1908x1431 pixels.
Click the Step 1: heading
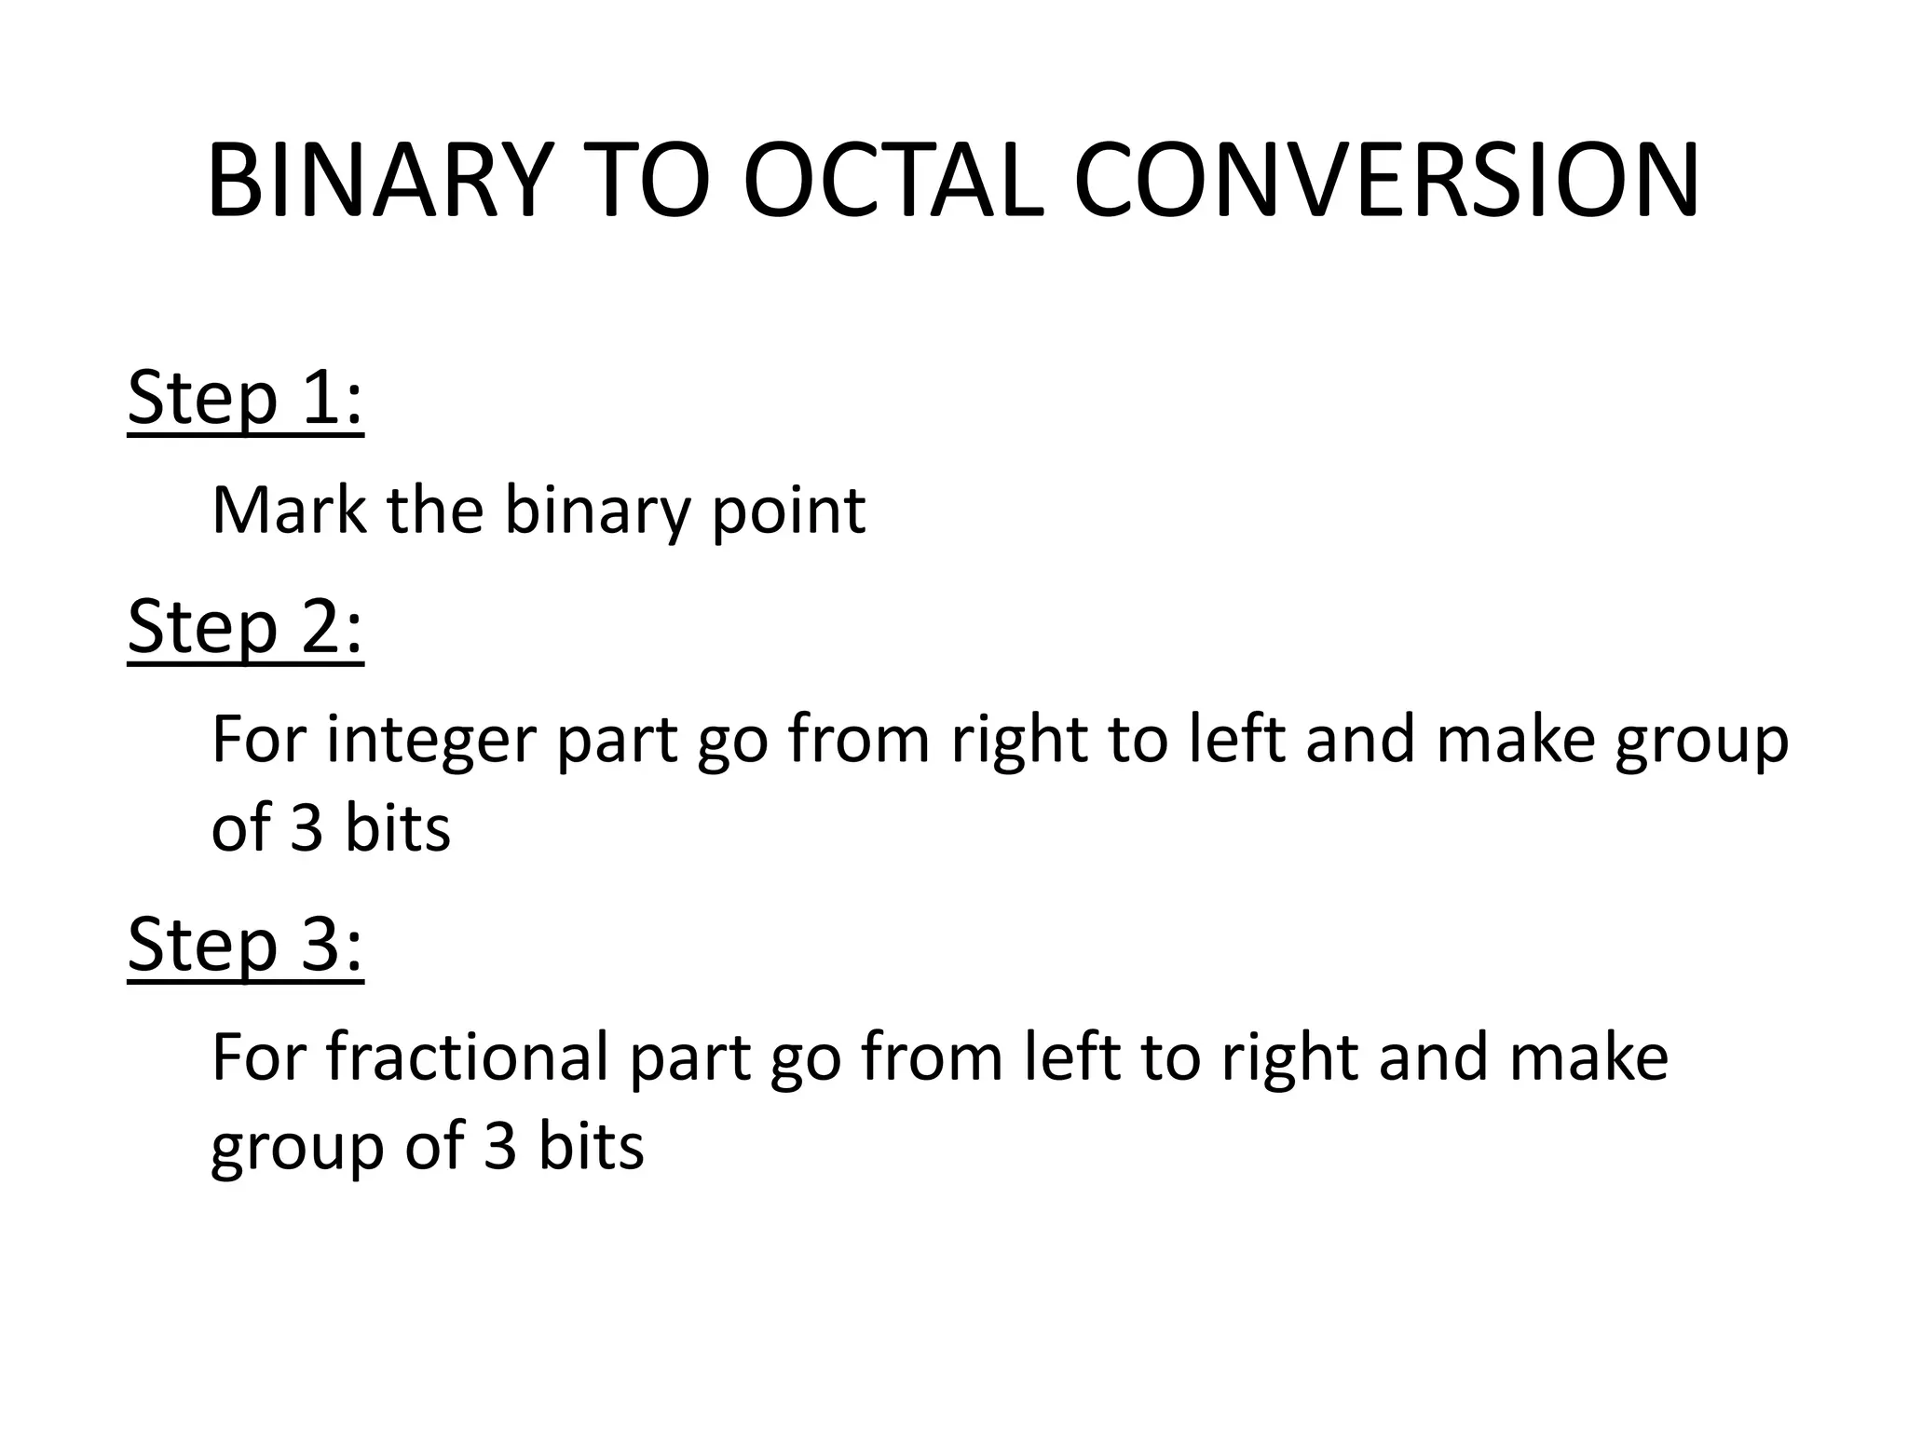tap(245, 398)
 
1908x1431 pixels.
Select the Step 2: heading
tap(245, 627)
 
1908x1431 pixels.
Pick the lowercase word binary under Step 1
tap(596, 512)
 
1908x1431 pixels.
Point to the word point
tap(788, 512)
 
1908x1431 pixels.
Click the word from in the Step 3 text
tap(931, 1057)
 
